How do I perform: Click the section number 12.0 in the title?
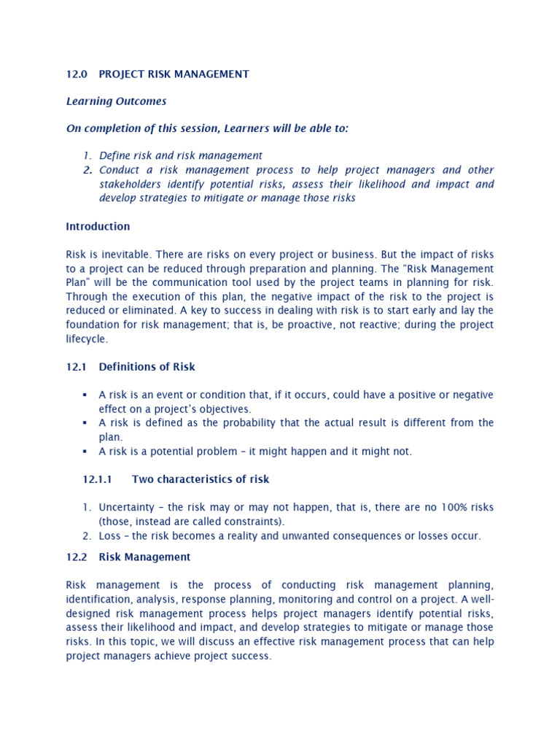point(77,74)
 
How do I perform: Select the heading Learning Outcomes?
point(116,101)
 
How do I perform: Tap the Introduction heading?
point(98,226)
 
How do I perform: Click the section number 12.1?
point(77,367)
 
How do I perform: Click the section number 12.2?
point(77,557)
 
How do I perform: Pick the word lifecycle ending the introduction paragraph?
point(86,338)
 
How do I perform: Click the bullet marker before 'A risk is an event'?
point(85,395)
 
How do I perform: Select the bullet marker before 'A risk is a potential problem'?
point(85,452)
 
